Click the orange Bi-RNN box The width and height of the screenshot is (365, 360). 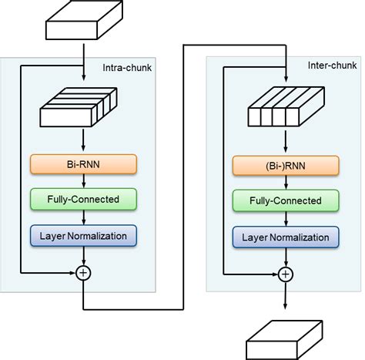83,164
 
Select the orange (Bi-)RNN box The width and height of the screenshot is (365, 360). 286,164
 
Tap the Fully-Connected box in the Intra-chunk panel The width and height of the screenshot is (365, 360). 83,199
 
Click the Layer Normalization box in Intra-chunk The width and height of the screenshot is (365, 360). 83,234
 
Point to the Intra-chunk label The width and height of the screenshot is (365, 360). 127,68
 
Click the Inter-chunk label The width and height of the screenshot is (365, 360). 332,68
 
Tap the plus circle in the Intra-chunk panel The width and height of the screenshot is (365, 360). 83,273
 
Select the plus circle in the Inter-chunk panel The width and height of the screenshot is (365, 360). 286,273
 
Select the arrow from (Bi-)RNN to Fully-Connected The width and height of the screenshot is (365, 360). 286,181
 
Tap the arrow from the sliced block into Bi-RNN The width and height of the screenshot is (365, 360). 83,143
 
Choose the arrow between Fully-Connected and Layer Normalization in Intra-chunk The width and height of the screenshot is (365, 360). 83,217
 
